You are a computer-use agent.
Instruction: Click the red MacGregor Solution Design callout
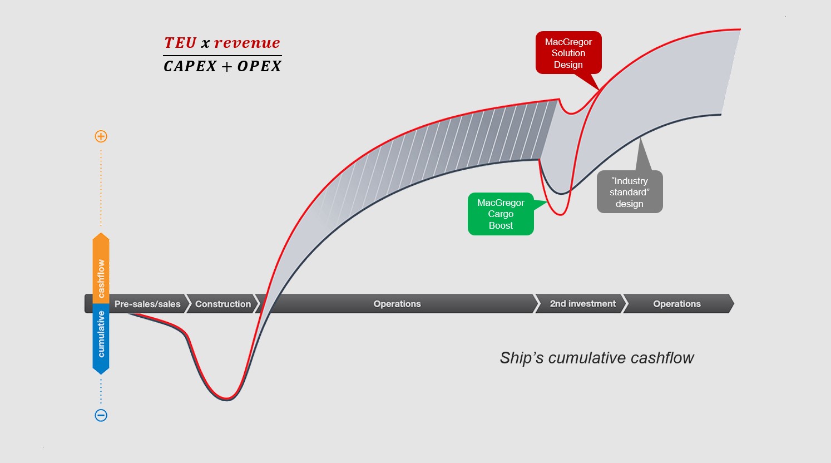point(568,53)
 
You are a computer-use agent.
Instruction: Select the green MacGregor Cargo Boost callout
point(501,214)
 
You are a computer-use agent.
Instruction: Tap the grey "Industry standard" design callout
point(630,192)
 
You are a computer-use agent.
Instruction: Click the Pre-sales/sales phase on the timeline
point(147,304)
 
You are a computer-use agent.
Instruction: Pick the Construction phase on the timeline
point(223,304)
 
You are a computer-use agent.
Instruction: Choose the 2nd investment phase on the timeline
point(582,304)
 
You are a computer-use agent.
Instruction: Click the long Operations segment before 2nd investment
point(397,304)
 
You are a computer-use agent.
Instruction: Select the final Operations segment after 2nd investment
point(677,304)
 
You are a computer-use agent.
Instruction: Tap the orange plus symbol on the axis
point(101,136)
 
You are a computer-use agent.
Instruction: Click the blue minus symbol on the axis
point(101,415)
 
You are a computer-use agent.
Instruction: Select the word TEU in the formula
point(180,43)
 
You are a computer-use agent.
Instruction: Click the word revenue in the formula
point(247,43)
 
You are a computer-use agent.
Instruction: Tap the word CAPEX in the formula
point(190,66)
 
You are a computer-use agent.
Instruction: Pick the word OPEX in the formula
point(259,66)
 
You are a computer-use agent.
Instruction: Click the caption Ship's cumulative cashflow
point(596,358)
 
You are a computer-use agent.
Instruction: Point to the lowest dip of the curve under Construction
point(227,399)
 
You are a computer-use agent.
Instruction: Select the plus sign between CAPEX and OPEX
point(227,67)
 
